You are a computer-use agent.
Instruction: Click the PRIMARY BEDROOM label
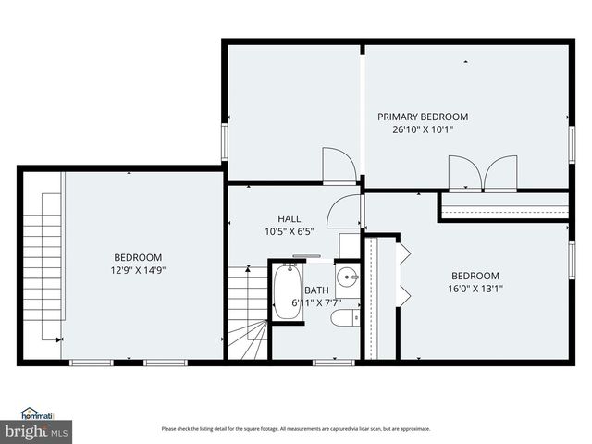pyautogui.click(x=422, y=117)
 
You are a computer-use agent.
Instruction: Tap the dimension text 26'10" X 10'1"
pyautogui.click(x=422, y=130)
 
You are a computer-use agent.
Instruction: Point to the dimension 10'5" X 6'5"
pyautogui.click(x=290, y=231)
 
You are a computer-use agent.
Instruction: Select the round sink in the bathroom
pyautogui.click(x=347, y=277)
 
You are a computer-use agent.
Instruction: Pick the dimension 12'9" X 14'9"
pyautogui.click(x=138, y=271)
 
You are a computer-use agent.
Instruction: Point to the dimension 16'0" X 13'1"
pyautogui.click(x=475, y=289)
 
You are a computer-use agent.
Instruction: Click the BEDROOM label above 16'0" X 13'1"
pyautogui.click(x=475, y=276)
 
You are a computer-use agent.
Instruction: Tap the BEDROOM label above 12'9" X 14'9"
pyautogui.click(x=138, y=257)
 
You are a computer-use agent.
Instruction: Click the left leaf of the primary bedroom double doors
pyautogui.click(x=462, y=174)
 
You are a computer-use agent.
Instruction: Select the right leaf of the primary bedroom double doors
pyautogui.click(x=501, y=174)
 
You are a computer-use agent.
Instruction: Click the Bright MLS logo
pyautogui.click(x=37, y=431)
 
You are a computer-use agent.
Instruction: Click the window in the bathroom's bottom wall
pyautogui.click(x=333, y=362)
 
